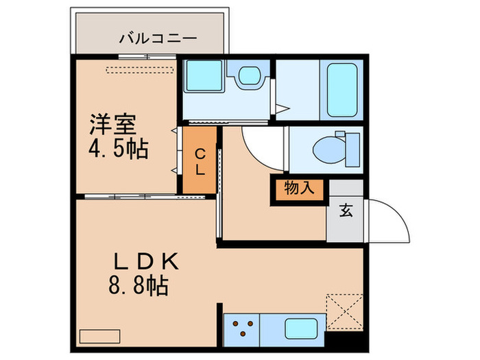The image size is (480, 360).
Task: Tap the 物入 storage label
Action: pos(300,189)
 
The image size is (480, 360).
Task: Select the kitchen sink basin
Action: pos(299,328)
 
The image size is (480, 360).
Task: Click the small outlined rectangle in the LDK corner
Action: pos(99,337)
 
